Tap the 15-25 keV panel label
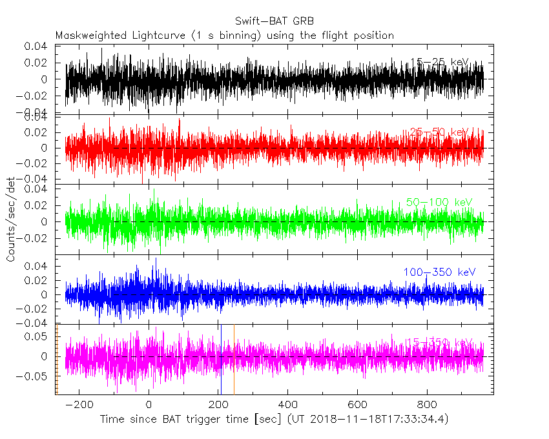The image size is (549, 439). pyautogui.click(x=440, y=63)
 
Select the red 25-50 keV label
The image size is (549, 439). pyautogui.click(x=439, y=132)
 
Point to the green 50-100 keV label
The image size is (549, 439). pyautogui.click(x=439, y=202)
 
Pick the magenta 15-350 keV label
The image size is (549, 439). pyautogui.click(x=439, y=342)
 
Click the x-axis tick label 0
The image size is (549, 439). pyautogui.click(x=149, y=405)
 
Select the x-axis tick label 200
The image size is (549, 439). pyautogui.click(x=218, y=405)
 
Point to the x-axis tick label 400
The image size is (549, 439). pyautogui.click(x=287, y=405)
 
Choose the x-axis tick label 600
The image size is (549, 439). pyautogui.click(x=357, y=405)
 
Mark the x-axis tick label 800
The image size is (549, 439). pyautogui.click(x=426, y=405)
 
